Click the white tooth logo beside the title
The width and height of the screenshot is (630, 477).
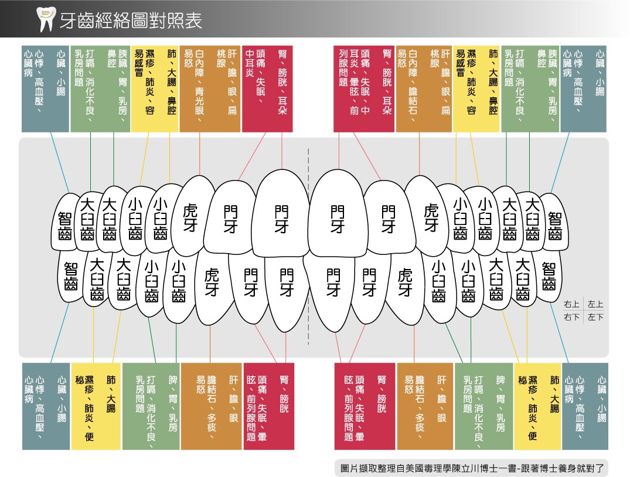(x=45, y=19)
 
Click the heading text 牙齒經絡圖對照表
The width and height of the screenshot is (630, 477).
(x=131, y=21)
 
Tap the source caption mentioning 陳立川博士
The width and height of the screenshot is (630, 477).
(x=472, y=468)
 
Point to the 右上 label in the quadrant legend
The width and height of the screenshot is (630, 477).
(x=571, y=304)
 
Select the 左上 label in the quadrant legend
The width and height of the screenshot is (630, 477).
(x=595, y=304)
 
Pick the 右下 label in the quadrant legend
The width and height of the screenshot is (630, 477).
(x=571, y=317)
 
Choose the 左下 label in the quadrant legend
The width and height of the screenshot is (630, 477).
(x=595, y=317)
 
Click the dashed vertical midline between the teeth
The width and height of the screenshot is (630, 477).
(x=309, y=246)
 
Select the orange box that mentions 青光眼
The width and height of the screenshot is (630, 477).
(x=209, y=89)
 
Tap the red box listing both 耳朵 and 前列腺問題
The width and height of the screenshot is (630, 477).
(x=363, y=89)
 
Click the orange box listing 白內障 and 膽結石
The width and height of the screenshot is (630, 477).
(x=424, y=89)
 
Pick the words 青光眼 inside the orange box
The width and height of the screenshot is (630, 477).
(x=200, y=101)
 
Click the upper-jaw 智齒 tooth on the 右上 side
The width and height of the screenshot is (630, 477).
(x=65, y=222)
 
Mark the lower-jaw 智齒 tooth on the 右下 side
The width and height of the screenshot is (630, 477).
(x=71, y=276)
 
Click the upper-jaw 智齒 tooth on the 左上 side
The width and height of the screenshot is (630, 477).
(x=554, y=222)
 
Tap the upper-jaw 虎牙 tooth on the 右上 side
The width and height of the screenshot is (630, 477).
(x=190, y=216)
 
